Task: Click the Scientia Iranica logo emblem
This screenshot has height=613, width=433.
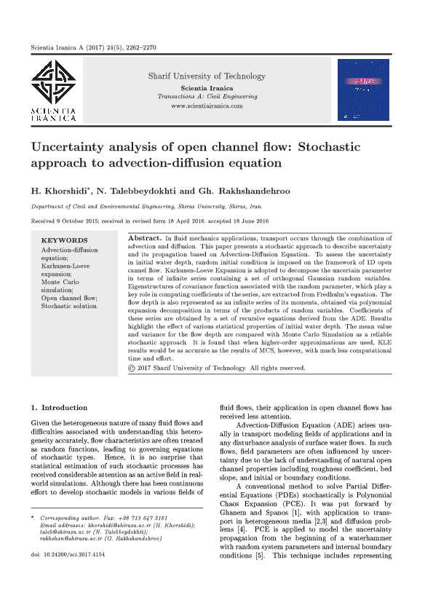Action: coord(52,82)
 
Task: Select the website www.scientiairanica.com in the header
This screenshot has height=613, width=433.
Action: coord(207,106)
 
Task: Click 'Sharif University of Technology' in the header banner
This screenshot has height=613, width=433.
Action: coord(207,76)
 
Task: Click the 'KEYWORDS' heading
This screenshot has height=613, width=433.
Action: coord(64,240)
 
